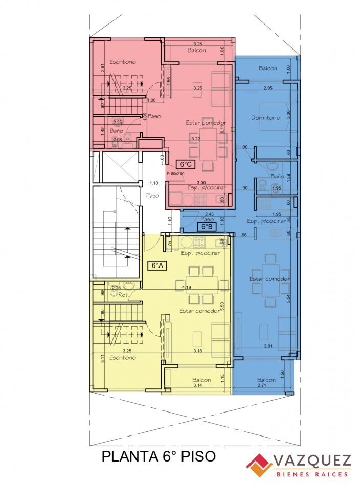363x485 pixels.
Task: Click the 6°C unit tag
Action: [x=185, y=164]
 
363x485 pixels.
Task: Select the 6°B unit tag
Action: [x=207, y=226]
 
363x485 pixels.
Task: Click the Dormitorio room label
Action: [x=265, y=118]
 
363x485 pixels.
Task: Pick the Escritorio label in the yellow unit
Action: [x=123, y=358]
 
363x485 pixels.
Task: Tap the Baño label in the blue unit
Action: [x=277, y=176]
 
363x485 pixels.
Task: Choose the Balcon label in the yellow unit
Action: [x=202, y=380]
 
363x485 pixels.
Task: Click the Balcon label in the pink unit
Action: [x=196, y=50]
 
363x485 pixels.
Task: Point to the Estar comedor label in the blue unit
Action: [x=270, y=279]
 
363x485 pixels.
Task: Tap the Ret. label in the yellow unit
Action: [x=123, y=295]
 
